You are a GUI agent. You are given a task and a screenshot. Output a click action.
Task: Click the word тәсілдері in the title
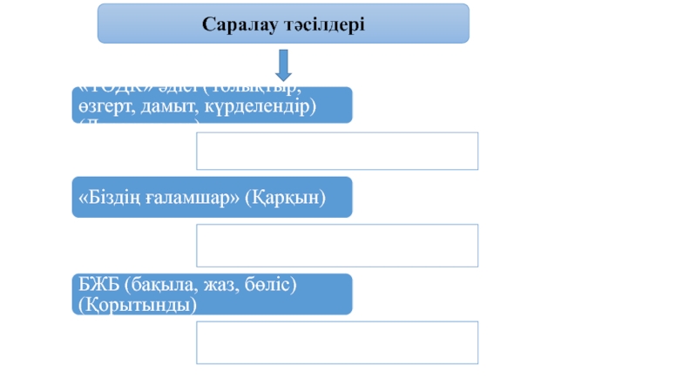click(x=321, y=24)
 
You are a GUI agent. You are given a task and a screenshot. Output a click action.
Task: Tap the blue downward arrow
click(x=283, y=66)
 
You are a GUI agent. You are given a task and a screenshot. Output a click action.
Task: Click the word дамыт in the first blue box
click(x=163, y=106)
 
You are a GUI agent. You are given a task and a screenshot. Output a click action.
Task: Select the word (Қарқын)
click(x=285, y=199)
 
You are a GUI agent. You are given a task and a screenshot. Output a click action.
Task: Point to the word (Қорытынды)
click(x=136, y=305)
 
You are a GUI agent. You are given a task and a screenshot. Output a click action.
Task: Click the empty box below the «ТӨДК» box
click(x=337, y=151)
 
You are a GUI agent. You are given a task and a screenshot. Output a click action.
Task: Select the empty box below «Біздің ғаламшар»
click(x=337, y=245)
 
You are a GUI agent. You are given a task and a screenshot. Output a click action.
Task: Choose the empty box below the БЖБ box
click(x=337, y=341)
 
